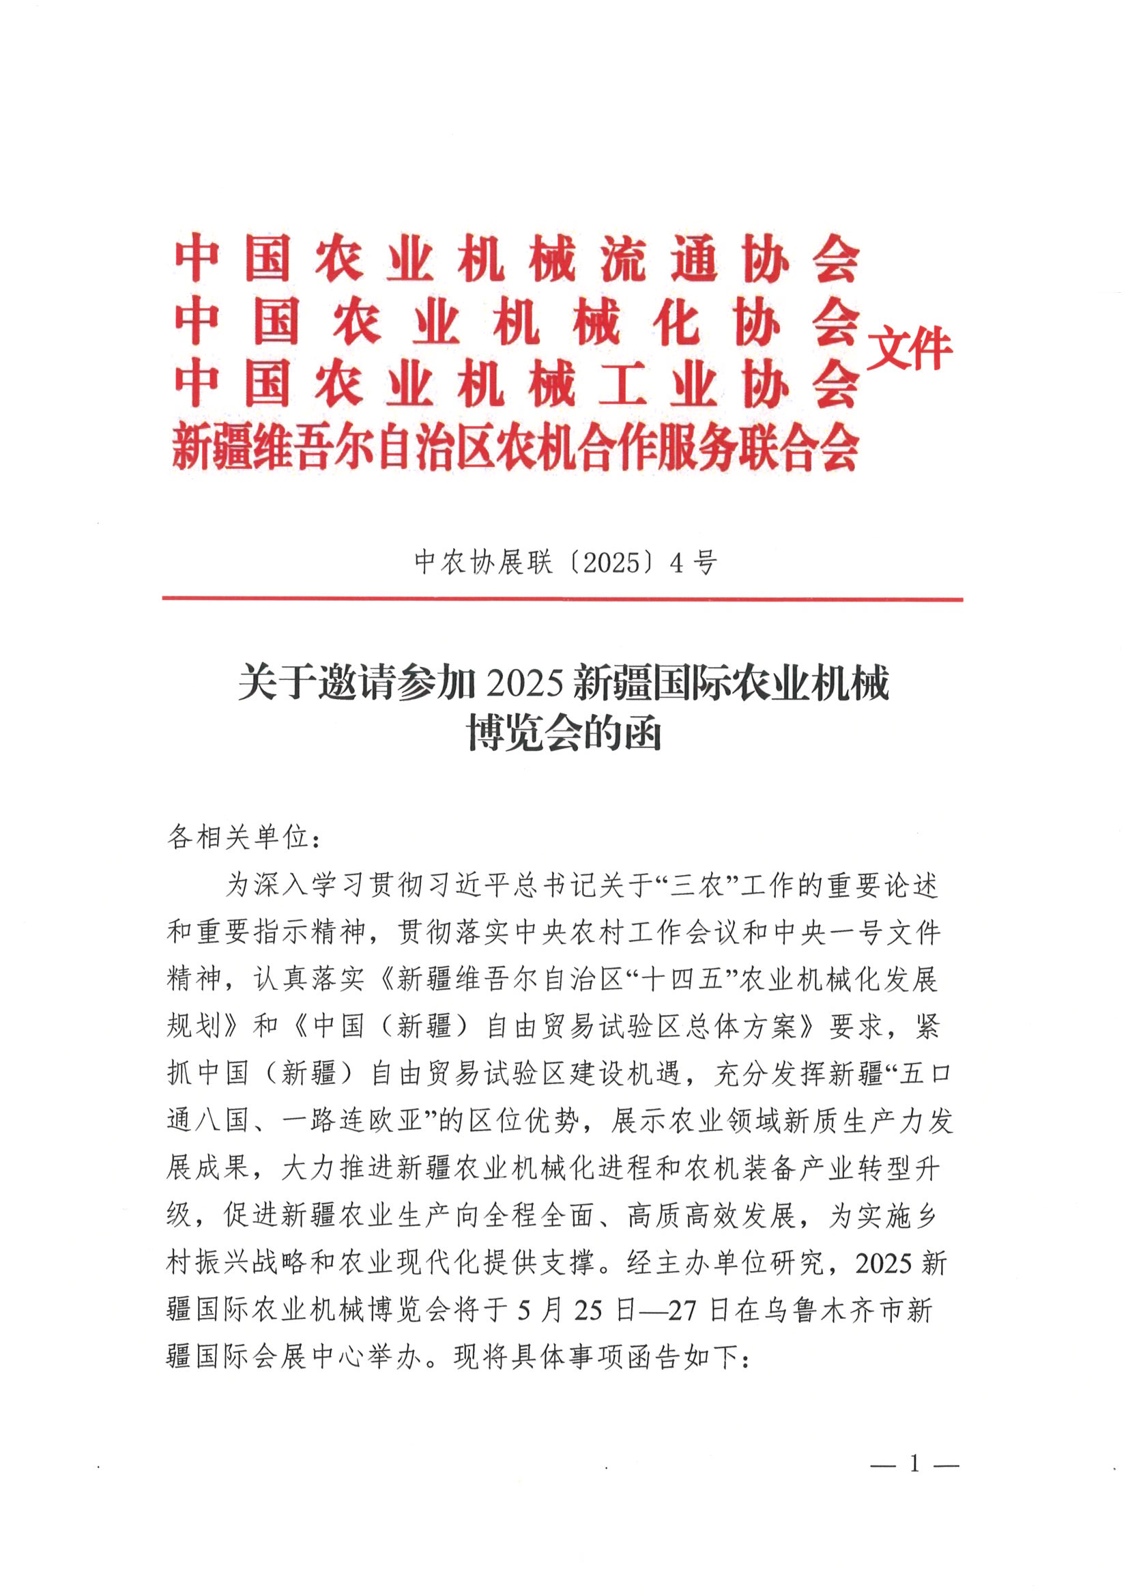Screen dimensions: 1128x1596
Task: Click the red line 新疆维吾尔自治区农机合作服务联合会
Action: pos(515,445)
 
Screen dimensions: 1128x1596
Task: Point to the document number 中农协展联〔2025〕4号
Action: pos(564,562)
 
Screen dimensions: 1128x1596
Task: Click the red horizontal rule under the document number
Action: pos(562,599)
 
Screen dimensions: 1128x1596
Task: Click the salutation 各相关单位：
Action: pos(245,837)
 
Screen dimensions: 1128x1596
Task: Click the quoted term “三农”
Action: pos(699,885)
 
